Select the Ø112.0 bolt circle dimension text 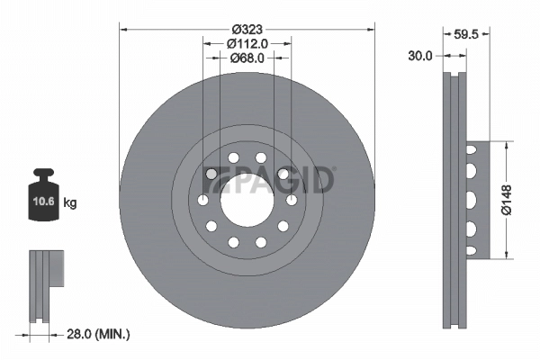(247, 42)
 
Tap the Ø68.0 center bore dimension (247, 58)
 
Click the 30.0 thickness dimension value (419, 55)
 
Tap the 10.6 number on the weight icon (41, 202)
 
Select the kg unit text (69, 203)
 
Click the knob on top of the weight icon (41, 174)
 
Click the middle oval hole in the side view (471, 199)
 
